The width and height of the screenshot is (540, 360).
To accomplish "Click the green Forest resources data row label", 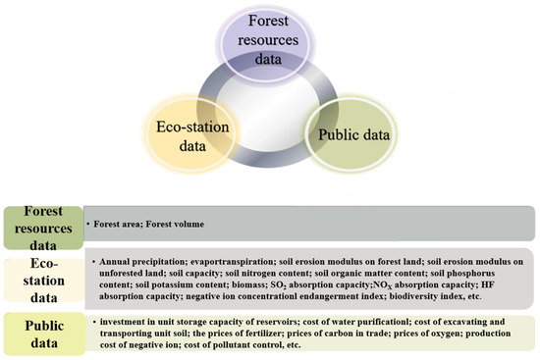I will click(40, 224).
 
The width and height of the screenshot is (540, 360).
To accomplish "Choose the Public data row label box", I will click(41, 334).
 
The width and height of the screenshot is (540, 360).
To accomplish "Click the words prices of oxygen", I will click(419, 334).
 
